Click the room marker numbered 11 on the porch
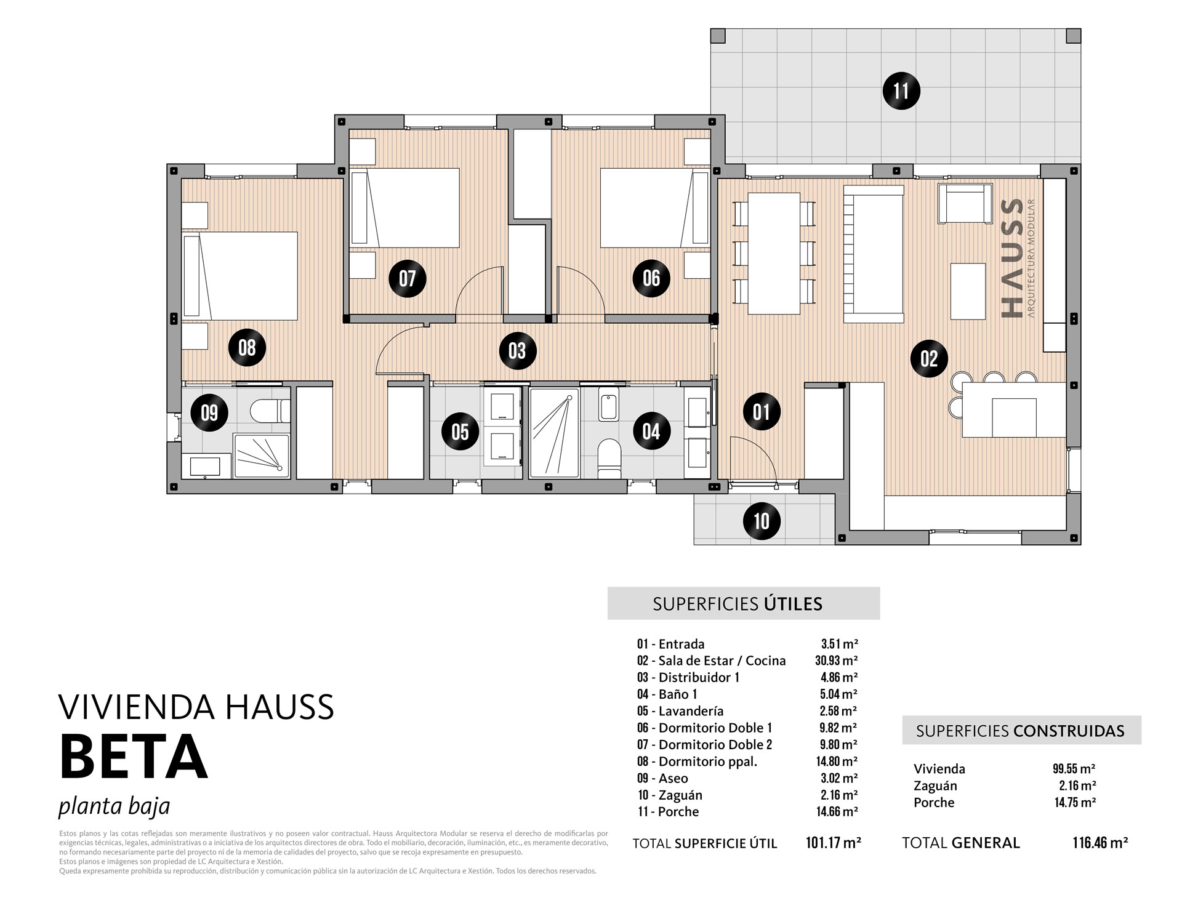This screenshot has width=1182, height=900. point(901,91)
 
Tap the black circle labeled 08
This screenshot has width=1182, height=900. point(247,348)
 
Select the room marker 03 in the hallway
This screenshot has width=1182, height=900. point(517,351)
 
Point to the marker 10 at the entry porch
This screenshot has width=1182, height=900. point(762,521)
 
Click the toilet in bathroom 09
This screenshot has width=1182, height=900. point(271,410)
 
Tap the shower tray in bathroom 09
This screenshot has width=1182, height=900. point(261,456)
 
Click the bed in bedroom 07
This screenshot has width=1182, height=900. point(404,208)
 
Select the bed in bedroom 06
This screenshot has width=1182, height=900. point(655,208)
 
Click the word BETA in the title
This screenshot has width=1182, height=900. point(134,757)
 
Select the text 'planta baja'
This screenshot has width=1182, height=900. point(114,806)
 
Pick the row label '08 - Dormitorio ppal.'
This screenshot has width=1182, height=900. point(697,761)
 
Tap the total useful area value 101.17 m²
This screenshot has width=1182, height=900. point(834,843)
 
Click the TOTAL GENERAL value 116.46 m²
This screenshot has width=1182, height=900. point(1100,843)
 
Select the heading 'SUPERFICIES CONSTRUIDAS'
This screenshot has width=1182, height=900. point(1020,731)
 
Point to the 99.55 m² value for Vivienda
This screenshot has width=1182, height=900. point(1074,769)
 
